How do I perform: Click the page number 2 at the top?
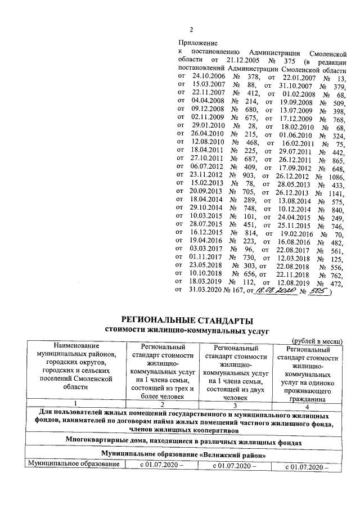pos(191,30)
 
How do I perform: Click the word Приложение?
pos(197,42)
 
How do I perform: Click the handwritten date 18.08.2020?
pos(272,291)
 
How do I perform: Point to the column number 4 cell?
pos(307,403)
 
